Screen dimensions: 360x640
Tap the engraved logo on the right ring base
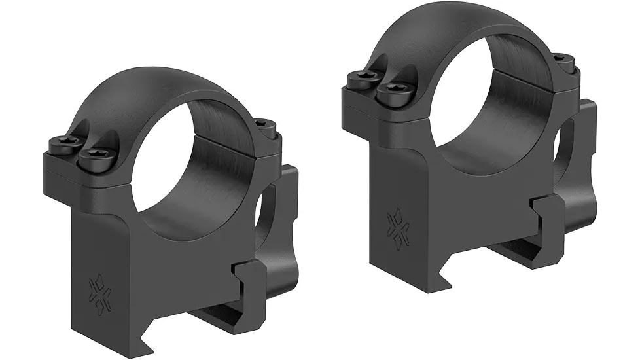point(398,228)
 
